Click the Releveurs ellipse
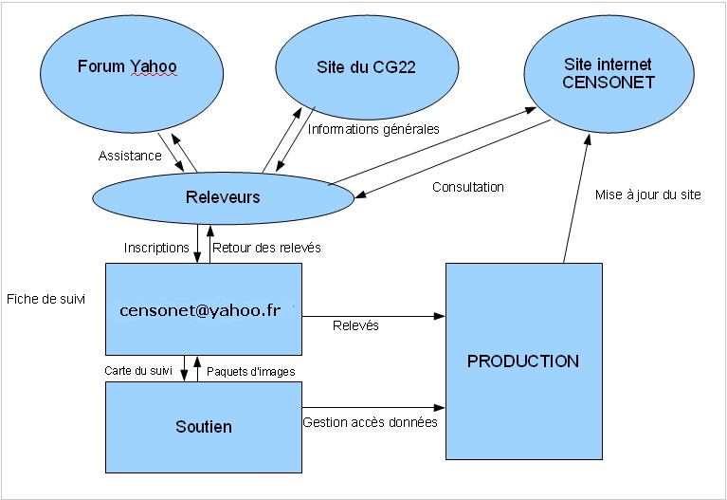(223, 197)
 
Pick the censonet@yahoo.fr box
(203, 311)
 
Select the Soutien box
(203, 427)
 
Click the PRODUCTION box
(522, 361)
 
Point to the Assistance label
(130, 156)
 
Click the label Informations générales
(373, 130)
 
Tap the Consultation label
(467, 187)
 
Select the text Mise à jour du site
(647, 194)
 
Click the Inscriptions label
(156, 248)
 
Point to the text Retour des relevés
(266, 248)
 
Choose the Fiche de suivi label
(45, 298)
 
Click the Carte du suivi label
(137, 370)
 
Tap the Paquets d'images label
(250, 370)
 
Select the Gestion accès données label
(370, 422)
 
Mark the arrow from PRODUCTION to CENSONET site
(577, 199)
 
